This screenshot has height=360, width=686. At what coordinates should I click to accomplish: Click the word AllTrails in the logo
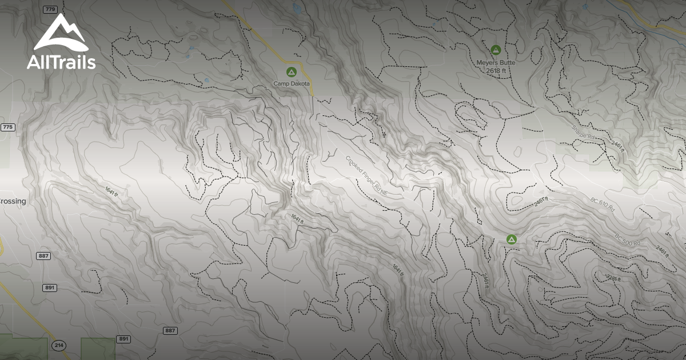click(x=61, y=62)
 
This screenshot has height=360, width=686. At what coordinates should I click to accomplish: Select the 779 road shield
click(x=50, y=10)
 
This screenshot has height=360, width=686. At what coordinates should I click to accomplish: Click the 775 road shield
click(x=7, y=127)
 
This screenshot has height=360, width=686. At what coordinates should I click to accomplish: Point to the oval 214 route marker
click(x=58, y=345)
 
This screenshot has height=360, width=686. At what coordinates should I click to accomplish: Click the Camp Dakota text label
click(x=291, y=83)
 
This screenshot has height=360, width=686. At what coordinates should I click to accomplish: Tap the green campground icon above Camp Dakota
click(x=291, y=72)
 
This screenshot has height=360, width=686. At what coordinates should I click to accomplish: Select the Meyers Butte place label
click(x=496, y=62)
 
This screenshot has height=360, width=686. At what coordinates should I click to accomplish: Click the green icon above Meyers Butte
click(x=496, y=50)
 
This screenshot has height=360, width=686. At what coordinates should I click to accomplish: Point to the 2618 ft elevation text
click(x=496, y=70)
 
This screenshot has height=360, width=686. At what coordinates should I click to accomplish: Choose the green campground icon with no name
click(x=512, y=239)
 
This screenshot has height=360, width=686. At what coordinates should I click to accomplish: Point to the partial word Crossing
click(x=13, y=202)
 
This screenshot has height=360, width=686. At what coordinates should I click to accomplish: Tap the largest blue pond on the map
click(x=296, y=7)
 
